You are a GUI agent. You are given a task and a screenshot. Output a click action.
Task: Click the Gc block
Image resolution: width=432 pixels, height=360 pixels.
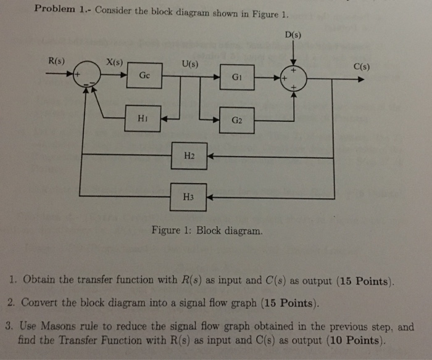[144, 76]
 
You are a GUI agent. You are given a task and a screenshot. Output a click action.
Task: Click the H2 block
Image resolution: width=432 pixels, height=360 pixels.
[190, 156]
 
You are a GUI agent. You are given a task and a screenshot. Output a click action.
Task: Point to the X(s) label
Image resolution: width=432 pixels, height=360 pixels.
[115, 62]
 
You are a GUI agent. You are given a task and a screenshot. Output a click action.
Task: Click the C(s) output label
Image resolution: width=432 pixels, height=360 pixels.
[361, 67]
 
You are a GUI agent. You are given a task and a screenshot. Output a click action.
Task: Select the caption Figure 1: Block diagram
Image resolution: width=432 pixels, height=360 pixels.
[206, 232]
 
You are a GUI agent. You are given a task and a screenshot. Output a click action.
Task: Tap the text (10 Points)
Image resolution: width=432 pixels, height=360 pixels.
[355, 341]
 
